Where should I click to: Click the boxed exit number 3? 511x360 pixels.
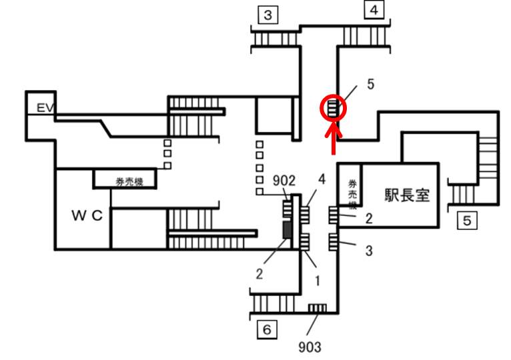268,15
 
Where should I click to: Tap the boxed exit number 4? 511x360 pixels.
374,11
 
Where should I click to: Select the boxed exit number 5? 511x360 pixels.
467,220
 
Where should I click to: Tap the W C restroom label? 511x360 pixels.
87,215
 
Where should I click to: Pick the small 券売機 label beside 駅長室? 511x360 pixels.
351,193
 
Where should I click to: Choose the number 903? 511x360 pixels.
310,347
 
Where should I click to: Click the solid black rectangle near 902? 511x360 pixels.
286,231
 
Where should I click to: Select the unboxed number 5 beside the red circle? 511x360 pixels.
371,85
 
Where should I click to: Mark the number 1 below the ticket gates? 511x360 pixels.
318,281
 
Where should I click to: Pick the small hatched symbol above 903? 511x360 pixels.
317,308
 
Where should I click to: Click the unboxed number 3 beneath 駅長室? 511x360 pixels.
368,251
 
